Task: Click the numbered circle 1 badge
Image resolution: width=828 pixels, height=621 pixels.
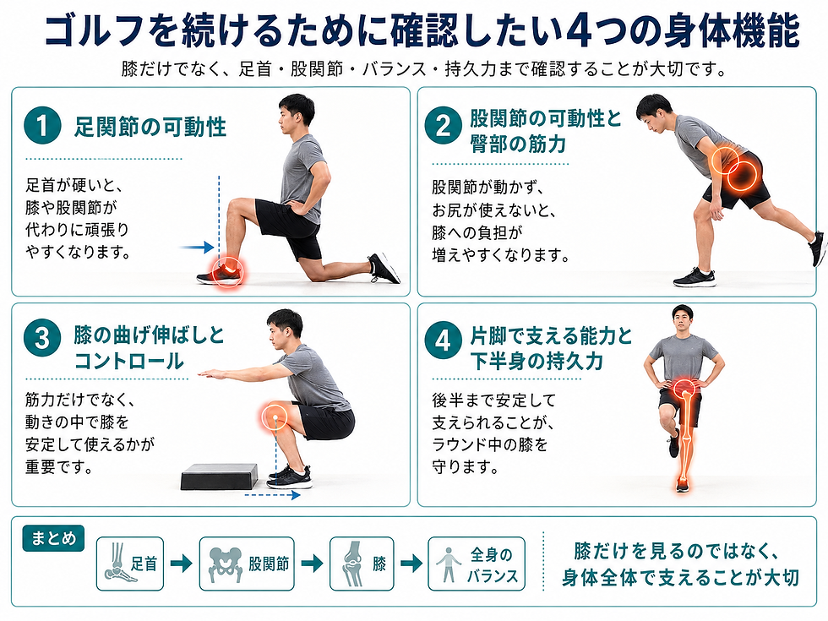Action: pyautogui.click(x=43, y=125)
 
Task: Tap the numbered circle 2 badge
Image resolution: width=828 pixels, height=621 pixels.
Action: pyautogui.click(x=444, y=126)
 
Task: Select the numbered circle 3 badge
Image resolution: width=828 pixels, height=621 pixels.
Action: pyautogui.click(x=43, y=339)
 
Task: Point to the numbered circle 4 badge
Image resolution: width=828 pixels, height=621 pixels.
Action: pyautogui.click(x=444, y=340)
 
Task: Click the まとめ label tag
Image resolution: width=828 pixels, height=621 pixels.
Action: pyautogui.click(x=53, y=538)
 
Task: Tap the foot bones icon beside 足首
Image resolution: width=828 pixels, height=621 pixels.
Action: pyautogui.click(x=117, y=564)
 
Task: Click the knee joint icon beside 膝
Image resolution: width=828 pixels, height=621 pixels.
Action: pyautogui.click(x=352, y=564)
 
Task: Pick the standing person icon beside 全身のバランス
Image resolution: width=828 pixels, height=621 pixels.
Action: pyautogui.click(x=449, y=564)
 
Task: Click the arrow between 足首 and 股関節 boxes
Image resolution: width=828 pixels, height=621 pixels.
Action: pyautogui.click(x=181, y=564)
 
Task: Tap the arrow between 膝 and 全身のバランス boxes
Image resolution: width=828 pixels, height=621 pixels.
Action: pyautogui.click(x=411, y=564)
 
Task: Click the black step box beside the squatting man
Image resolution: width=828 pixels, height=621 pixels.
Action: pyautogui.click(x=220, y=477)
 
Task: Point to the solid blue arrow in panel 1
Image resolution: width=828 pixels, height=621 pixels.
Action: pyautogui.click(x=196, y=247)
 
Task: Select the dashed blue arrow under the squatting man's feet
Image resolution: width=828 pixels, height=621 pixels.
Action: pyautogui.click(x=272, y=495)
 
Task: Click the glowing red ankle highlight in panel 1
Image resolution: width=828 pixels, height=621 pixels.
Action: pyautogui.click(x=227, y=271)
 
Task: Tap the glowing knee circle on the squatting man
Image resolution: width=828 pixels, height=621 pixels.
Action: pyautogui.click(x=275, y=416)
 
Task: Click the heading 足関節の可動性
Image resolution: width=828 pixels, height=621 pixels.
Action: pyautogui.click(x=150, y=127)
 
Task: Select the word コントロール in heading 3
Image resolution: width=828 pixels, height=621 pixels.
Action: pyautogui.click(x=128, y=362)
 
